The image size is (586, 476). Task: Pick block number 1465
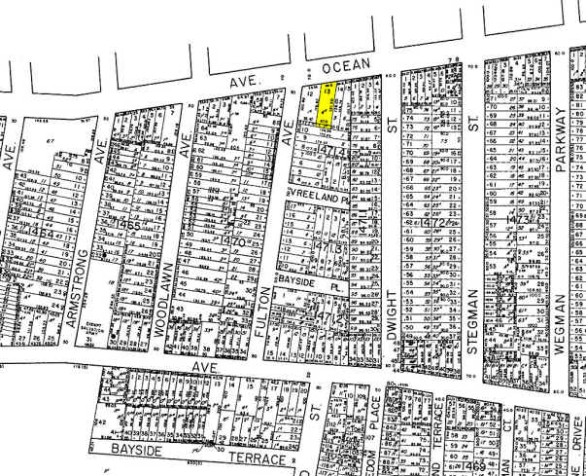pyautogui.click(x=132, y=225)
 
